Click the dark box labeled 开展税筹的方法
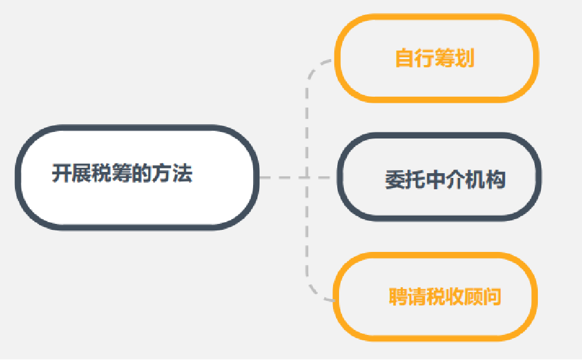point(137,177)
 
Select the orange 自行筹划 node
point(436,58)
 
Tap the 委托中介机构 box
point(439,178)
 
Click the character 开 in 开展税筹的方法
point(62,174)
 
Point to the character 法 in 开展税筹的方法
point(183,174)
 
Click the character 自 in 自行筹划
point(405,59)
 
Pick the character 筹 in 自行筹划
point(445,59)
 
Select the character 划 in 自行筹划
point(464,59)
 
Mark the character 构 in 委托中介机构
point(495,179)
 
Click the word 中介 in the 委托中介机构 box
point(445,179)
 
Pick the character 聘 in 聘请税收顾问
point(399,297)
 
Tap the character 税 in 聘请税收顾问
point(436,297)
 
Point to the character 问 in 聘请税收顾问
point(491,297)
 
